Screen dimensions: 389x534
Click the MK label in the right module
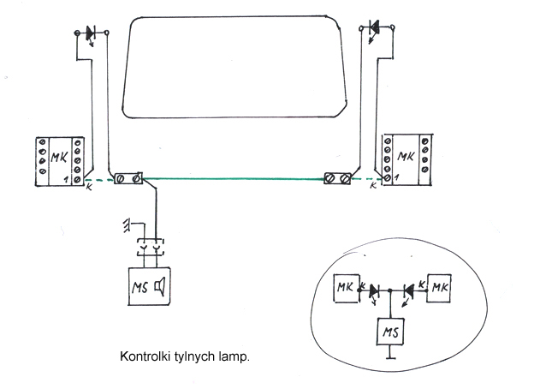pos(406,157)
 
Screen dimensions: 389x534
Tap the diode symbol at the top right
pos(374,31)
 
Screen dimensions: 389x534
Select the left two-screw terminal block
pos(128,178)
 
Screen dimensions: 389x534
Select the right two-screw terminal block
pos(337,179)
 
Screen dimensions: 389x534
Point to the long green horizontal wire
pos(231,178)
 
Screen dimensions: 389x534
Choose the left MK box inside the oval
pos(345,285)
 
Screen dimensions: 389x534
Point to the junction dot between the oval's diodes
pos(391,291)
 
